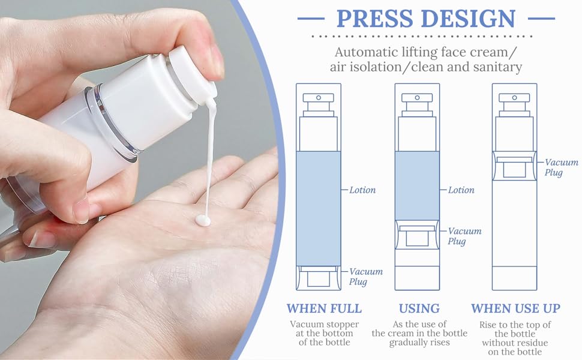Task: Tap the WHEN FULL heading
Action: click(324, 308)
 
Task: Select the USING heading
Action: click(419, 308)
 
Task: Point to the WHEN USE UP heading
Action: click(515, 308)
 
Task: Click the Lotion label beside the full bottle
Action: click(362, 190)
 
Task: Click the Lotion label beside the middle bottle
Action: click(461, 190)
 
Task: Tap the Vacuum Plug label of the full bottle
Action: click(366, 277)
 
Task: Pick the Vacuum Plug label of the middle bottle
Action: click(464, 236)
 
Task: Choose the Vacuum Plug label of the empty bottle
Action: click(561, 167)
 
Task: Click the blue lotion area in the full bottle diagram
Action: click(319, 207)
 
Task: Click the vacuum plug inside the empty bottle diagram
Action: click(514, 166)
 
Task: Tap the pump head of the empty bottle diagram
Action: click(514, 100)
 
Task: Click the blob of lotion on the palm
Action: click(203, 221)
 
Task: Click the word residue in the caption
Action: click(525, 343)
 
